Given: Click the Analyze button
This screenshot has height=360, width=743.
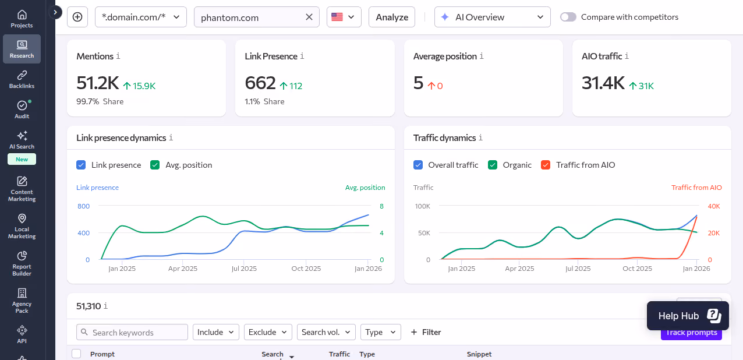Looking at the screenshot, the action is [x=392, y=17].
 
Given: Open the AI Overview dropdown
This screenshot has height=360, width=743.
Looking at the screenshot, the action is [x=492, y=17].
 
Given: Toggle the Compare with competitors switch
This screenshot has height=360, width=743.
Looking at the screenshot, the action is [x=568, y=17].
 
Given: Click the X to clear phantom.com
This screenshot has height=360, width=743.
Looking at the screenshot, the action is [x=309, y=17].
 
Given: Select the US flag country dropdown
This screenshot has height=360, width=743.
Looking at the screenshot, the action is [x=344, y=17].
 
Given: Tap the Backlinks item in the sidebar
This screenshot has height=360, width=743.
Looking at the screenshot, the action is [x=22, y=80].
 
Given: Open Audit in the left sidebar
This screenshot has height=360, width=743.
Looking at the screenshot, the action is [x=22, y=110].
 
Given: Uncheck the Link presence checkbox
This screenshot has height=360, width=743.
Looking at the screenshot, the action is [x=81, y=165].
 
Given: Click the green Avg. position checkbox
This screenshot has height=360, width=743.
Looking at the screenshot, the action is [x=155, y=165].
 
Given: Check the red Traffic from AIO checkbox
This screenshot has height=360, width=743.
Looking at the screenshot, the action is [x=546, y=165].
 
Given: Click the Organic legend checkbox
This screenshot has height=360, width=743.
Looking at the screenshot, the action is [x=493, y=165].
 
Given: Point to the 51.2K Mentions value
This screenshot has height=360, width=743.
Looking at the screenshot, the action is [x=97, y=83].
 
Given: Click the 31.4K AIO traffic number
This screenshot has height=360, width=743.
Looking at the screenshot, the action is [x=603, y=83].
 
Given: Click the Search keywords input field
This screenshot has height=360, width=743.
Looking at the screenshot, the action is [x=132, y=332].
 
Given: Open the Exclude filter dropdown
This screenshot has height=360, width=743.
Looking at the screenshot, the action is [x=268, y=332].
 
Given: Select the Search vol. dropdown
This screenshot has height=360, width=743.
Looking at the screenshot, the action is [x=326, y=332].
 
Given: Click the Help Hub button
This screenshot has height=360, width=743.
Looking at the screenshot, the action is [x=688, y=316].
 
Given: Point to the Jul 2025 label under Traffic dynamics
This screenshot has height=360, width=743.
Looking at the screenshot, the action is [x=578, y=269].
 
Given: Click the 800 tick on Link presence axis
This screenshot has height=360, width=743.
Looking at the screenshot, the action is [x=84, y=206].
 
